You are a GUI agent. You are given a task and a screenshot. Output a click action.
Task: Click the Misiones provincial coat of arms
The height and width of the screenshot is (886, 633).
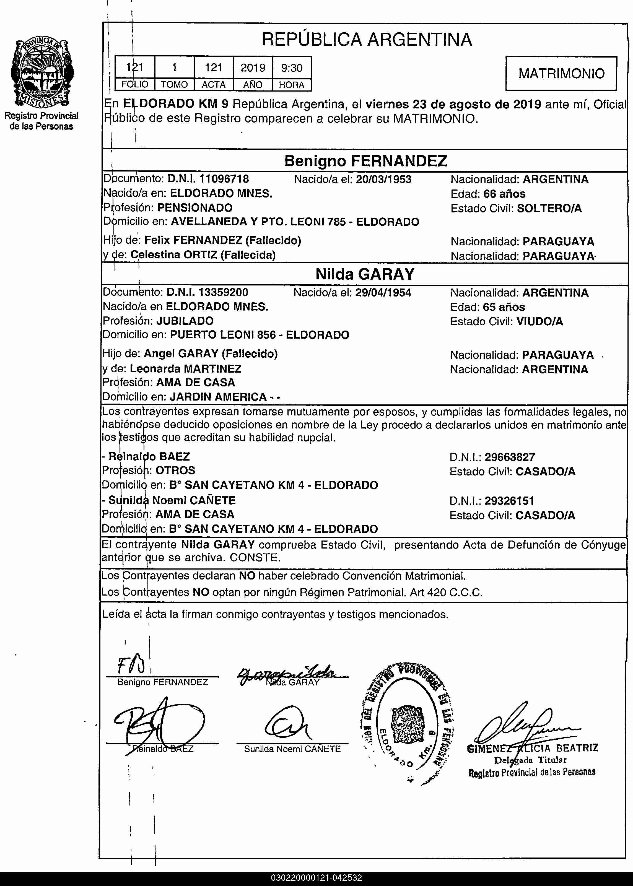[42, 72]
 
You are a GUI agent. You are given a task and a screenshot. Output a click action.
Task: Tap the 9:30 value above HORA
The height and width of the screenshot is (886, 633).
[292, 68]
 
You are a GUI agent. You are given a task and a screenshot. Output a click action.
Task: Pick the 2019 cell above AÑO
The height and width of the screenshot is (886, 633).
[253, 68]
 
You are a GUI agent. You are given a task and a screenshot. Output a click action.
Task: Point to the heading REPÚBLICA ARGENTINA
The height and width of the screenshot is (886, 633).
[366, 39]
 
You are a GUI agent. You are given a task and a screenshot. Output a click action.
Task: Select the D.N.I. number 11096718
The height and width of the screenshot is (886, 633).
[224, 179]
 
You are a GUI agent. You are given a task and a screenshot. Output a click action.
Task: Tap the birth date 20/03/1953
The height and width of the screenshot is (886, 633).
[383, 179]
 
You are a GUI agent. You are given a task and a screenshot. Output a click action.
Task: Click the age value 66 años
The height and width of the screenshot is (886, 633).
[504, 194]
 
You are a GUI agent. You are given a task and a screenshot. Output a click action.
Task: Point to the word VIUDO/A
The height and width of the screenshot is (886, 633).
[539, 321]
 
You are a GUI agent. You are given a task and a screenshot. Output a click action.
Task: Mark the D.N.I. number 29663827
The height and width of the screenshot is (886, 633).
[509, 457]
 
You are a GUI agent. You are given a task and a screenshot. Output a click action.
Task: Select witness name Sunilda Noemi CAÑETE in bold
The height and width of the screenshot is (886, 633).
[172, 500]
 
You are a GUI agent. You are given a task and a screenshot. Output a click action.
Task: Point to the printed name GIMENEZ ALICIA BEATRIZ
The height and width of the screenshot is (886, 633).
[532, 748]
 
